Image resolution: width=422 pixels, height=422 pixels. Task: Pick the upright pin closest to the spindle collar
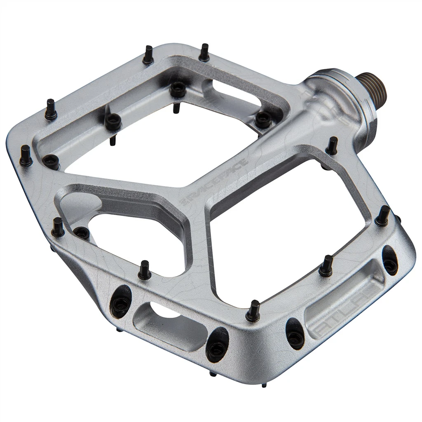pyautogui.click(x=332, y=145)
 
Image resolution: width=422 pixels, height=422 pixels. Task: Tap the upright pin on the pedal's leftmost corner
pyautogui.click(x=26, y=155)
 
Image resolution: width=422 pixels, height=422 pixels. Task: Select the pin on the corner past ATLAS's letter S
pyautogui.click(x=383, y=215)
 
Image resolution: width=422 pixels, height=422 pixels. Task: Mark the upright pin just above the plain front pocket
pyautogui.click(x=144, y=270)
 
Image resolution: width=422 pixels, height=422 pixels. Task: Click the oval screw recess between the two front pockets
pyautogui.click(x=217, y=345)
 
